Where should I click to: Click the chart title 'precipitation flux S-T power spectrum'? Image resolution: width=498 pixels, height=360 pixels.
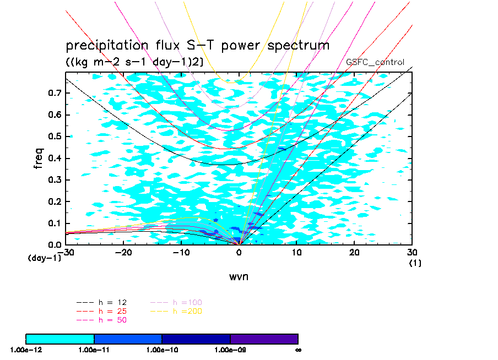(197, 45)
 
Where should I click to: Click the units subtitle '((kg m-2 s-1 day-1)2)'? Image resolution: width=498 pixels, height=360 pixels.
(135, 62)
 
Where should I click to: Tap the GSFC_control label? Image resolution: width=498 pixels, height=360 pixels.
(375, 62)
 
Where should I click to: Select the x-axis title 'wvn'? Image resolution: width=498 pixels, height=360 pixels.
(239, 276)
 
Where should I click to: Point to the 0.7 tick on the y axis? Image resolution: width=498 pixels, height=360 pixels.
(53, 93)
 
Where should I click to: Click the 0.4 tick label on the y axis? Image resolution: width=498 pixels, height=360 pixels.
(53, 159)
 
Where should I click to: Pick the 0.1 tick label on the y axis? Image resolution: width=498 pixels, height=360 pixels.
(53, 223)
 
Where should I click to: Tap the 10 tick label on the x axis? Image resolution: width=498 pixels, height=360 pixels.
(297, 252)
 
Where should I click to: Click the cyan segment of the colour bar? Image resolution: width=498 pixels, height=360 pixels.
(60, 339)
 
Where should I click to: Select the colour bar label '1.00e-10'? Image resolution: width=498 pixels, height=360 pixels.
(161, 350)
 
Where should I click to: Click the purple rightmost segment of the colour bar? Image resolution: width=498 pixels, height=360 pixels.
(264, 339)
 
